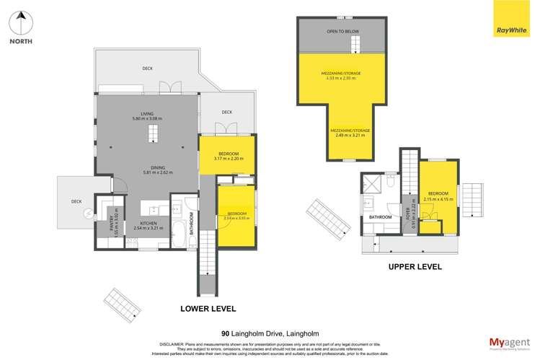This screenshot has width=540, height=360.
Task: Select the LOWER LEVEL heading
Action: point(208,308)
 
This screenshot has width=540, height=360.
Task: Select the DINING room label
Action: point(147,170)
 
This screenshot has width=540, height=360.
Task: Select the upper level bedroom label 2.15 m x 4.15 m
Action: point(438,196)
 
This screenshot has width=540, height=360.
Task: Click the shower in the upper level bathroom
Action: point(374,183)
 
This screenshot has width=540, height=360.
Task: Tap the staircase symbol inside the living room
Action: point(152,134)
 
